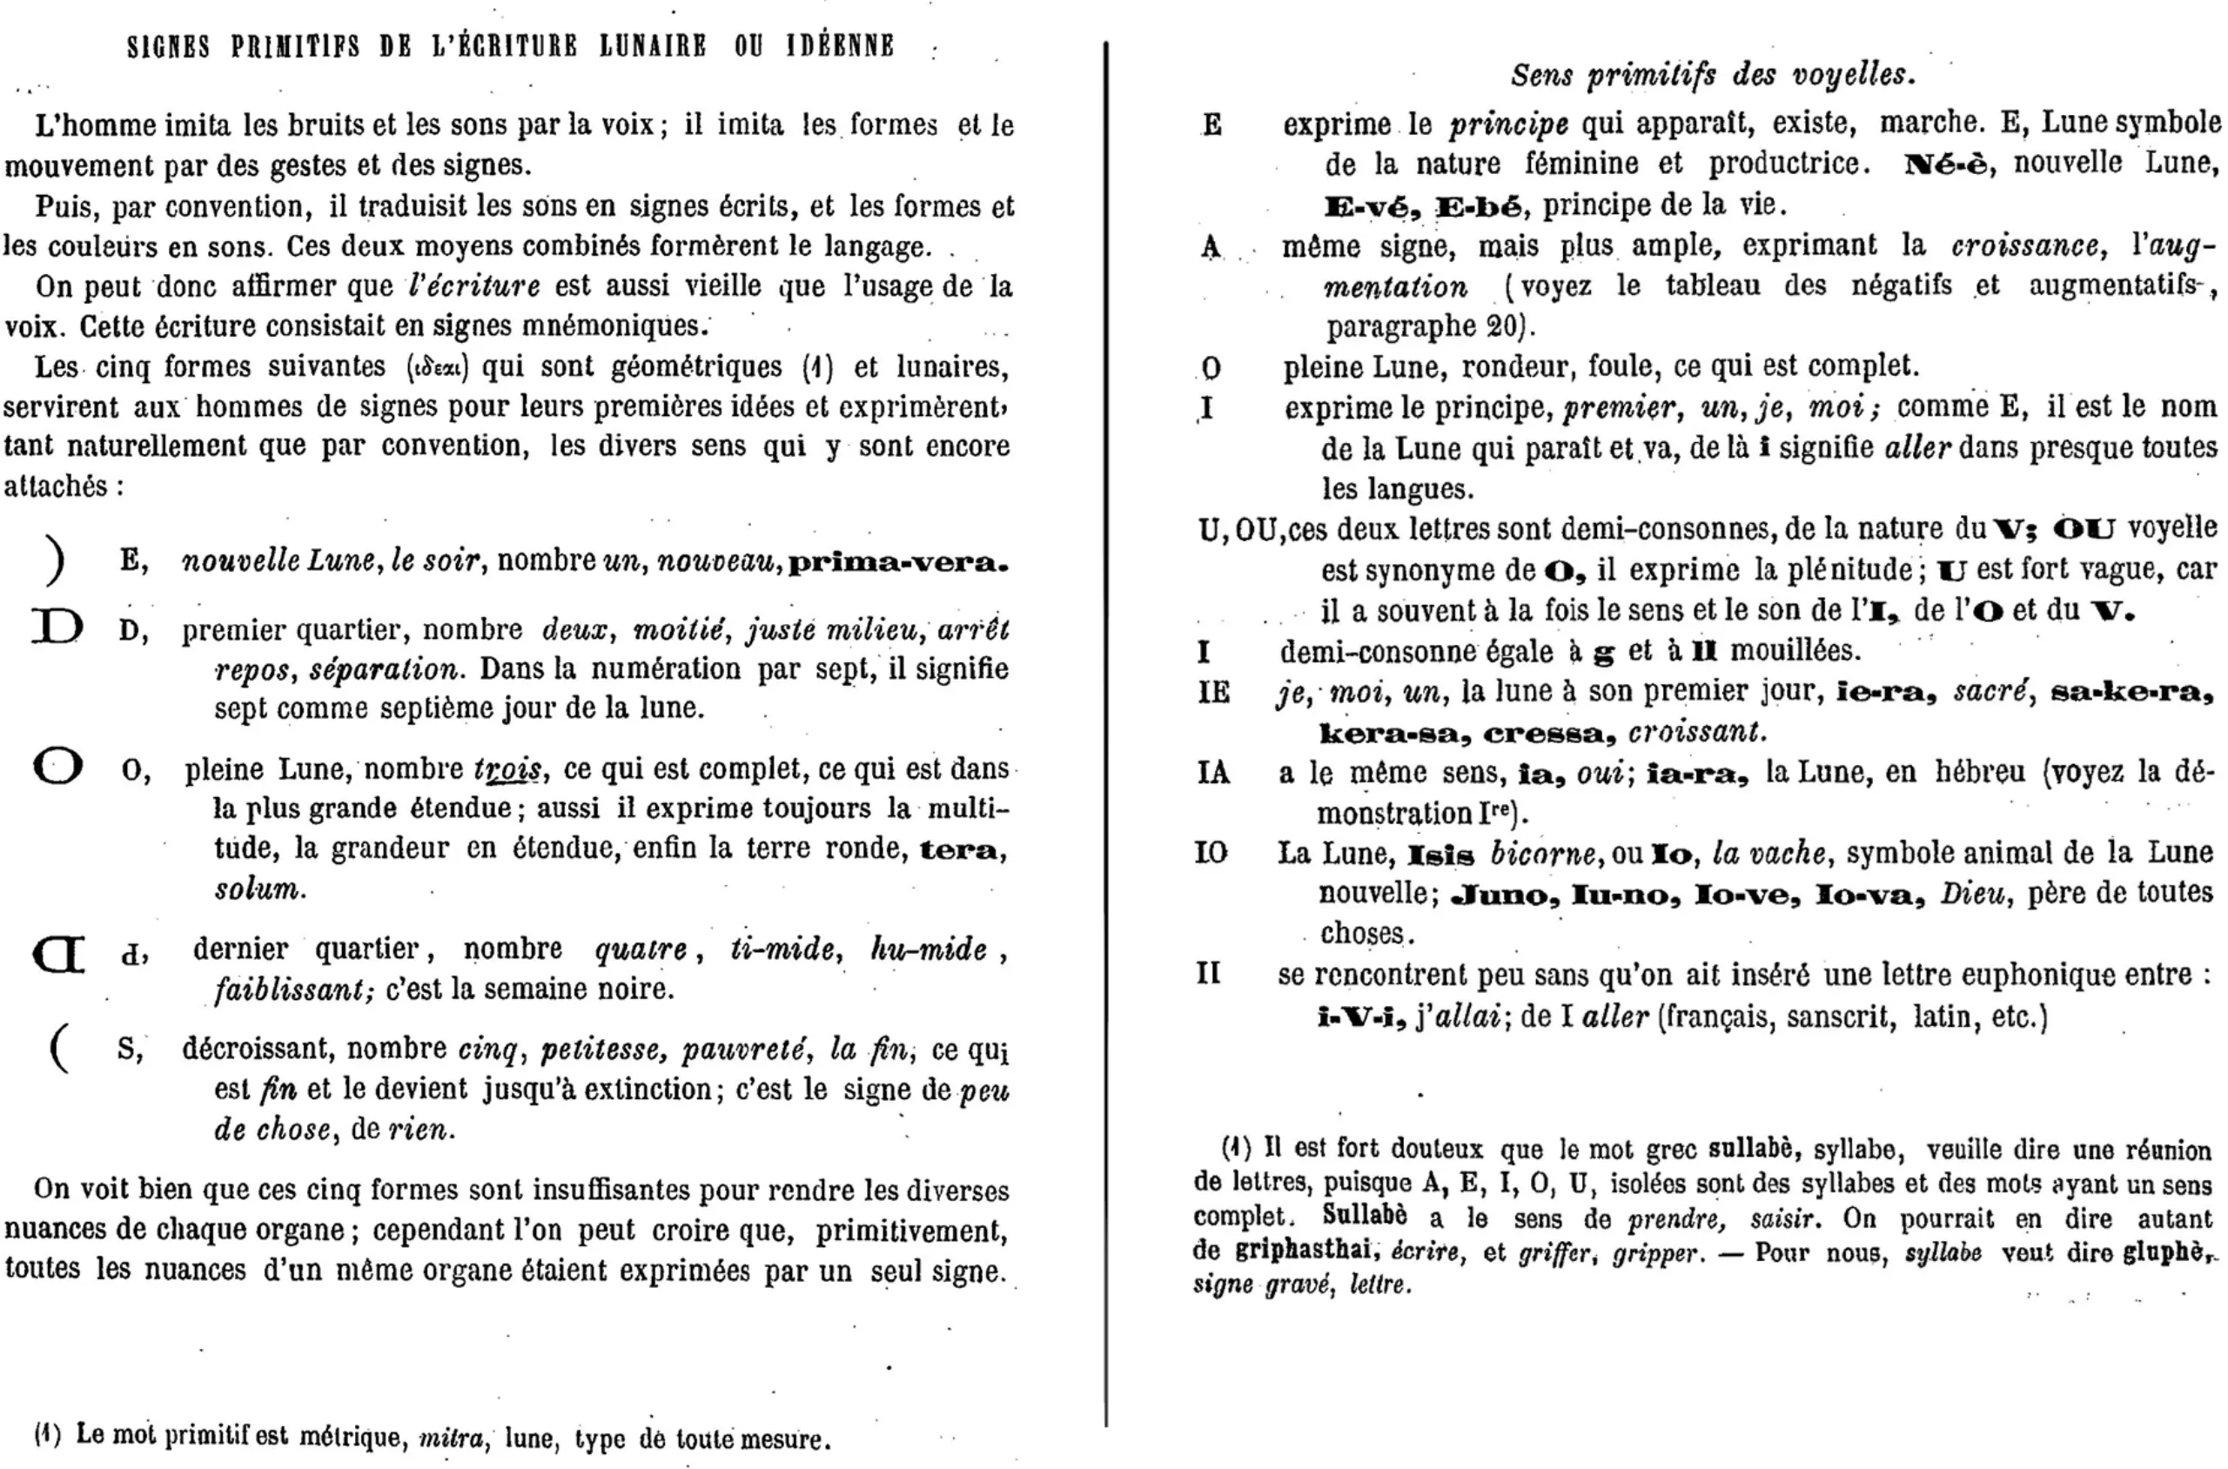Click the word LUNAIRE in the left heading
[x=653, y=46]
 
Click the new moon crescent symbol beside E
[x=57, y=561]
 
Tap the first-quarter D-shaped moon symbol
[x=57, y=627]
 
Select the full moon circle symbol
[x=58, y=767]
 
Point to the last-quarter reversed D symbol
[x=59, y=955]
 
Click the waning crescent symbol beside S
[x=59, y=1049]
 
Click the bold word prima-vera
[x=897, y=563]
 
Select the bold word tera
[x=960, y=849]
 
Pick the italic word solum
[x=258, y=889]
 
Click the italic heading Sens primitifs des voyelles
[x=1712, y=75]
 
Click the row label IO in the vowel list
[x=1211, y=854]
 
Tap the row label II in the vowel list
[x=1209, y=975]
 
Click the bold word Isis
[x=1441, y=855]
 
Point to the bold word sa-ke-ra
[x=2131, y=693]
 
